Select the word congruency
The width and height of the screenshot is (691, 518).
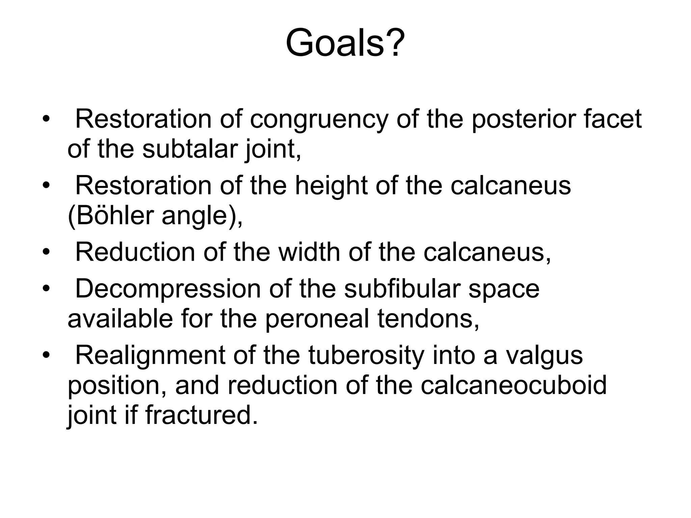pos(319,119)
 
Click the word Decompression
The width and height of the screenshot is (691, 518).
pos(168,289)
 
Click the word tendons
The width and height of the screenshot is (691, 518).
pos(428,319)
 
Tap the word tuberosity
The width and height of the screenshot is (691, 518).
pos(366,355)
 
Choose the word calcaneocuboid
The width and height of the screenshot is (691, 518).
pos(514,385)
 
